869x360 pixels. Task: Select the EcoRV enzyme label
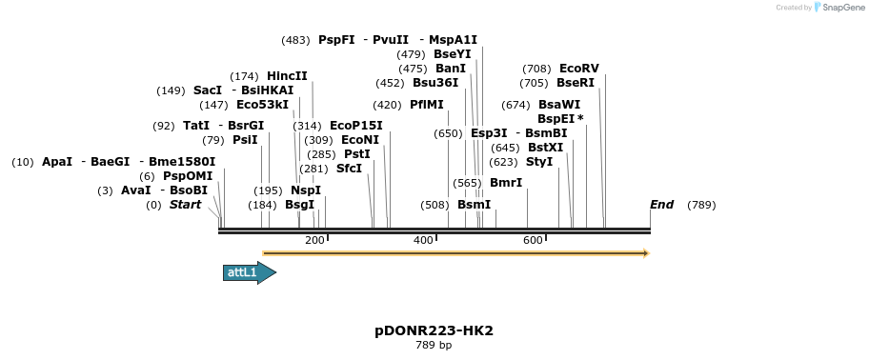579,69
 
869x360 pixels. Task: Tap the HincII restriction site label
287,76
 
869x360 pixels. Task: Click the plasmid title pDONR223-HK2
434,330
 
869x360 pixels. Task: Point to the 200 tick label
314,240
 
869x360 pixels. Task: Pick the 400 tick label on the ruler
423,240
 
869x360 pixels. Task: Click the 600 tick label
533,240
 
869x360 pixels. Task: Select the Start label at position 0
185,205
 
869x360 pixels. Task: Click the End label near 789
661,205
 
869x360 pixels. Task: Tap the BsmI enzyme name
474,205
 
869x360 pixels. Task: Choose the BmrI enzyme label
506,183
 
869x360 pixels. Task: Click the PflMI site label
427,105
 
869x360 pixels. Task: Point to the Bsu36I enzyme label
435,83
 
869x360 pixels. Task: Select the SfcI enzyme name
349,169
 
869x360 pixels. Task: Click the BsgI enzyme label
299,205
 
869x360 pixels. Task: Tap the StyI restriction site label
539,162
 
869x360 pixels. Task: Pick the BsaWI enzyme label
558,105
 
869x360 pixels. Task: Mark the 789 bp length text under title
434,345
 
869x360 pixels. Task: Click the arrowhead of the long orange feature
646,253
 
